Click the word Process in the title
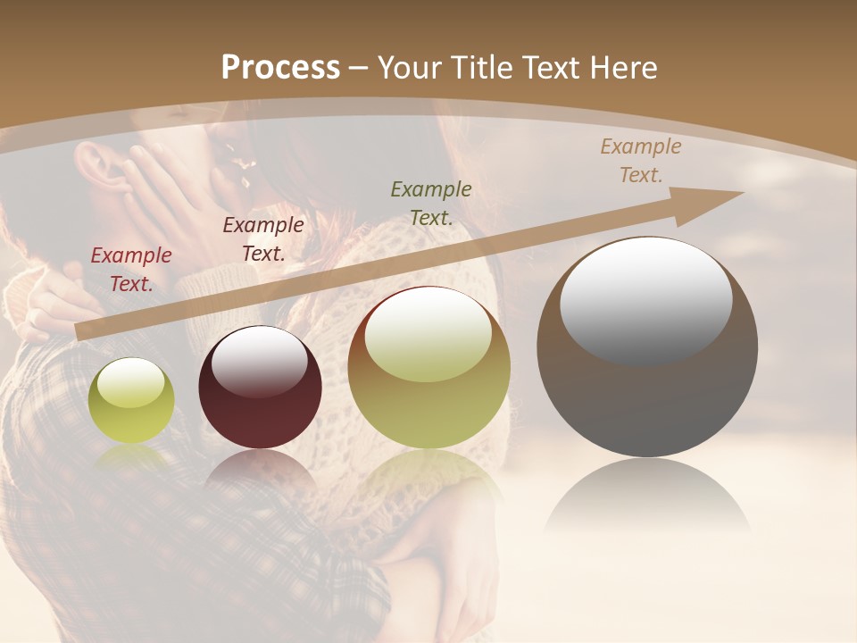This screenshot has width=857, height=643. click(280, 68)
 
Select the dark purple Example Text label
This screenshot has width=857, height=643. click(263, 239)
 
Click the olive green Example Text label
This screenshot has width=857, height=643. click(431, 203)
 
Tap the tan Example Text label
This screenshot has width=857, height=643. click(641, 161)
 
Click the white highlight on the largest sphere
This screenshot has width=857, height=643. click(646, 300)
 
